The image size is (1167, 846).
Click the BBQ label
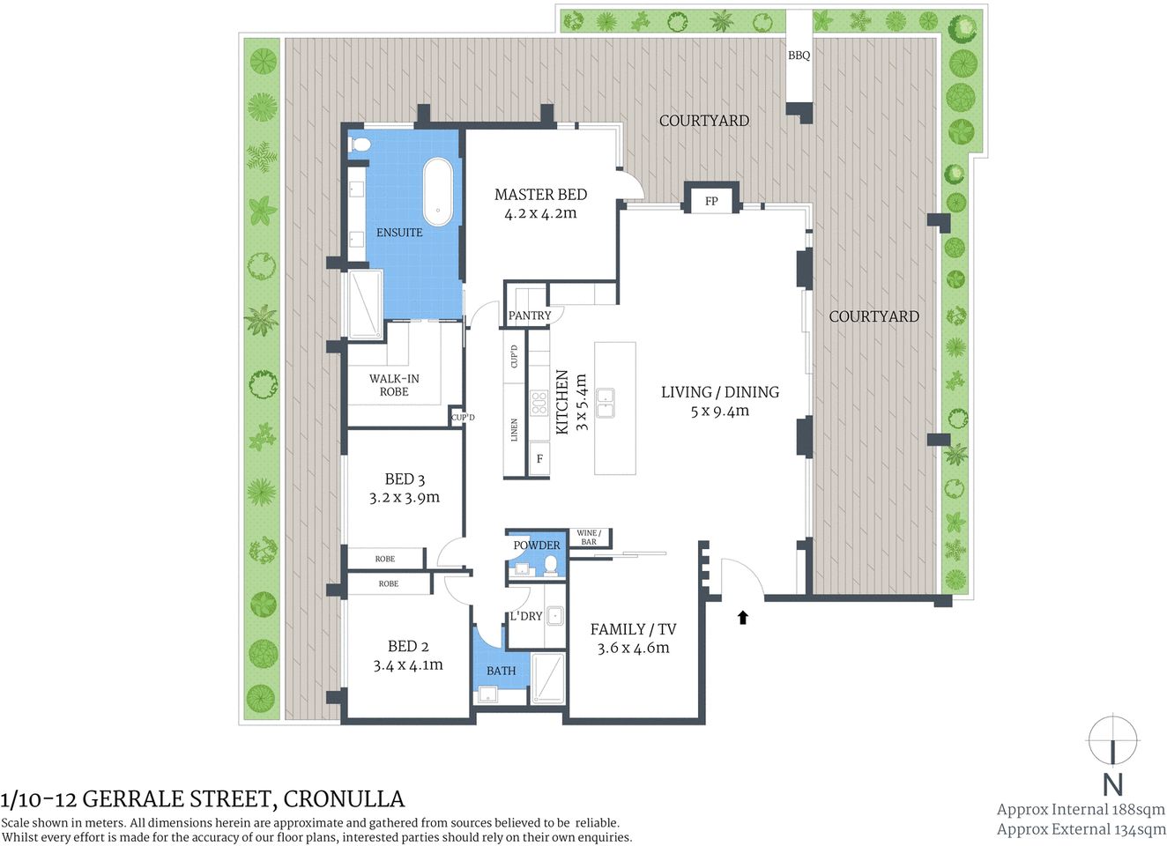point(799,56)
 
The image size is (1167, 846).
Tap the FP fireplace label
point(711,202)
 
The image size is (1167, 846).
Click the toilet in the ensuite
point(359,145)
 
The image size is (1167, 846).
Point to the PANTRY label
point(530,315)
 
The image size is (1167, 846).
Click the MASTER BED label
point(540,195)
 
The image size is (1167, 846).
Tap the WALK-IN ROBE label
point(394,385)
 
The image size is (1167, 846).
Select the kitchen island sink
point(606,403)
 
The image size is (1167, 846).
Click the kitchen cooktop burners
point(539,404)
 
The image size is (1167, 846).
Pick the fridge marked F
point(539,459)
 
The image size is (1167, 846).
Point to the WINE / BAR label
point(589,538)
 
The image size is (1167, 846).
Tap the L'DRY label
point(526,616)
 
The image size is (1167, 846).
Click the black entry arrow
point(743,618)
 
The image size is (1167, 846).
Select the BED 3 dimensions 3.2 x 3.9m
point(405,498)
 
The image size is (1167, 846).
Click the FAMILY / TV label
point(633,629)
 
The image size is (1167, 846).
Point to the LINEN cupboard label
point(515,430)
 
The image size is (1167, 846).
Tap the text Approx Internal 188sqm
point(1081,809)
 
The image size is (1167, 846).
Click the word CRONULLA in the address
point(344,799)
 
